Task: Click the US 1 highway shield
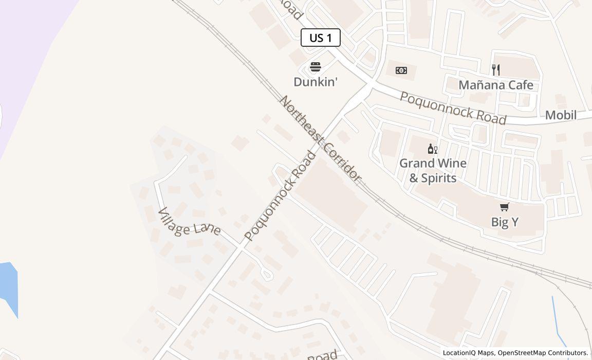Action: tap(320, 38)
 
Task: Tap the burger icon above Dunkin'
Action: tap(316, 67)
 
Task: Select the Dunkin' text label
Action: tap(316, 82)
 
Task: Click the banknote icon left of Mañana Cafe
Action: tap(401, 70)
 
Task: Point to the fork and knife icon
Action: tap(496, 70)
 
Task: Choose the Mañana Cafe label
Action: tap(496, 85)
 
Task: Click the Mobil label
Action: tap(561, 115)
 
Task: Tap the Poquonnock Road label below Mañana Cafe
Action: tap(453, 109)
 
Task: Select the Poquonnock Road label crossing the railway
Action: tap(280, 196)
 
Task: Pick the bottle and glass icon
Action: tap(432, 149)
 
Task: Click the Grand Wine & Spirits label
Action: tap(433, 170)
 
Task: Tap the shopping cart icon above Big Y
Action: tap(505, 207)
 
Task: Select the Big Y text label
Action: tap(505, 222)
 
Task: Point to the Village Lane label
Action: tap(189, 222)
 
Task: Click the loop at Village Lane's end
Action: tap(266, 275)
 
